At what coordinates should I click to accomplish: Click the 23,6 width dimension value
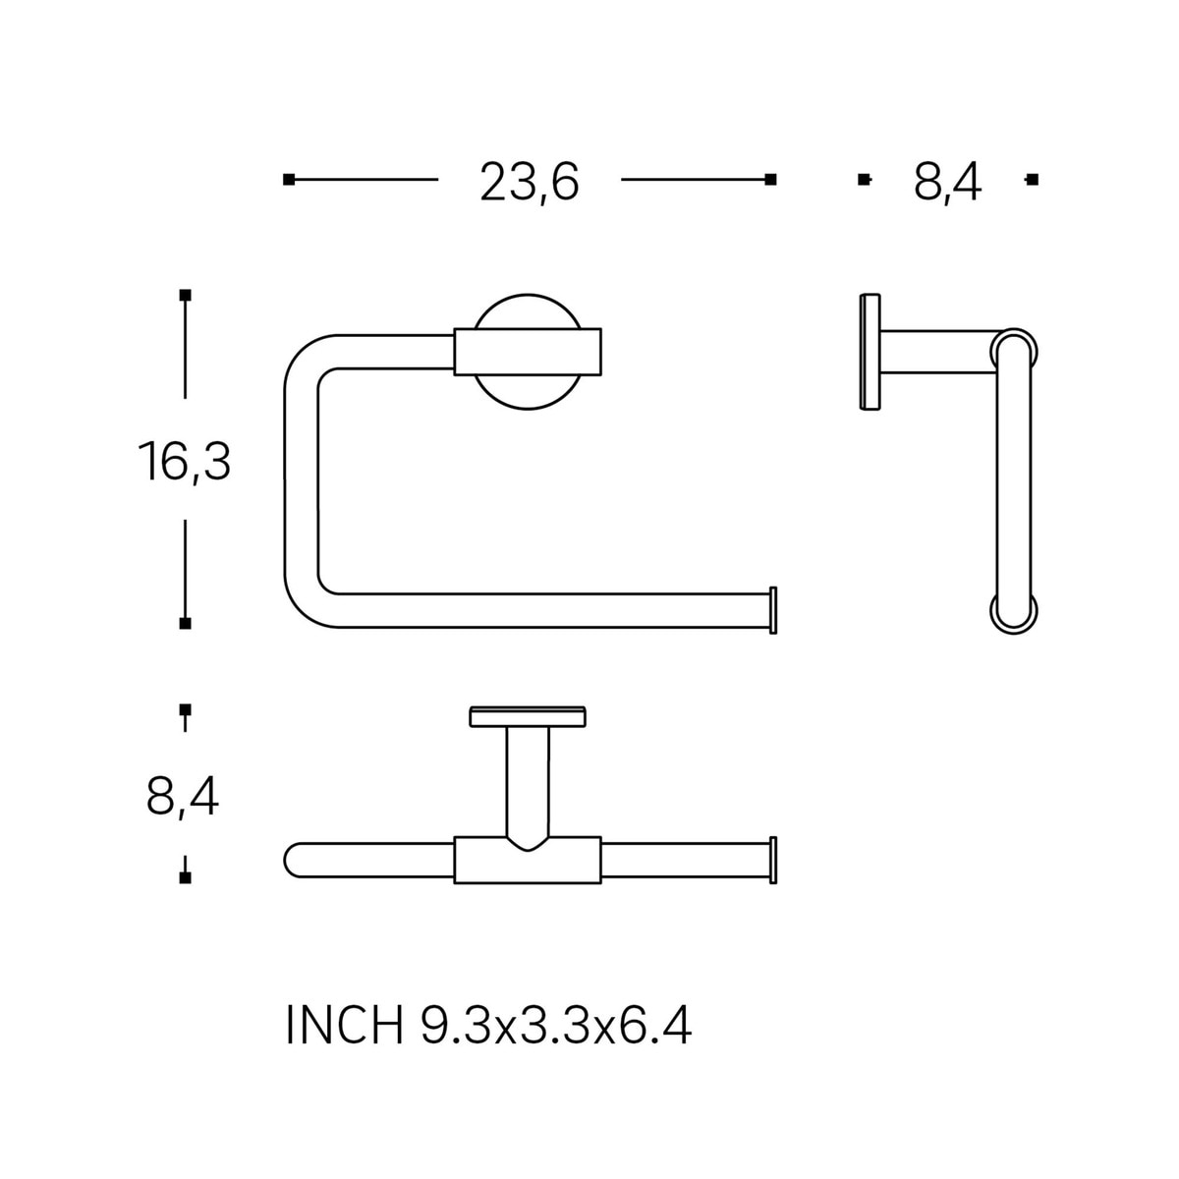tap(530, 183)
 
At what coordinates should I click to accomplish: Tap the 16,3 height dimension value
tap(185, 462)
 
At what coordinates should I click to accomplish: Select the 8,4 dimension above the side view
tap(948, 183)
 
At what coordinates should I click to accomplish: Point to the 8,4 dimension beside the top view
tap(183, 797)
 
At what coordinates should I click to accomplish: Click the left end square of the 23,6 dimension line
tap(289, 179)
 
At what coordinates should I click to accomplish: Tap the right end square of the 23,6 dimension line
tap(771, 179)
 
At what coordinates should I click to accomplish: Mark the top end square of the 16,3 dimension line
tap(185, 295)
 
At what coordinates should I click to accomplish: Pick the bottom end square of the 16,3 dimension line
tap(185, 624)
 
